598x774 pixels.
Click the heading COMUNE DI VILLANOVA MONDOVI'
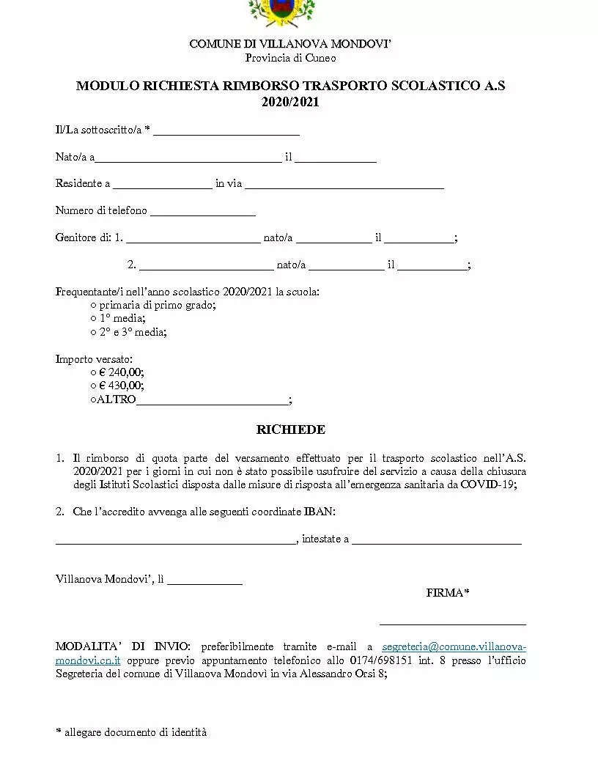[291, 44]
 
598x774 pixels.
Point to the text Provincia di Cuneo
[290, 58]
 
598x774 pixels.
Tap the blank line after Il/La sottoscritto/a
[226, 133]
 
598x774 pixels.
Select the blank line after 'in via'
[344, 187]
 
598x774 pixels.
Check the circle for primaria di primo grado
[94, 305]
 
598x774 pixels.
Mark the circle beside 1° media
[94, 318]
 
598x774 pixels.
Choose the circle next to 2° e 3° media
[94, 332]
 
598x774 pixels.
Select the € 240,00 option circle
[94, 372]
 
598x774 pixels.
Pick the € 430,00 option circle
[94, 386]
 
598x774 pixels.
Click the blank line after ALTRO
[213, 402]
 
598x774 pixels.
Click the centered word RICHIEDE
[291, 430]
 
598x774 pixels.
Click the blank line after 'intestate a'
[437, 543]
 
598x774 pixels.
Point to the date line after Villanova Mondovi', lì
[204, 583]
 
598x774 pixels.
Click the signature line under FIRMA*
[452, 624]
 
